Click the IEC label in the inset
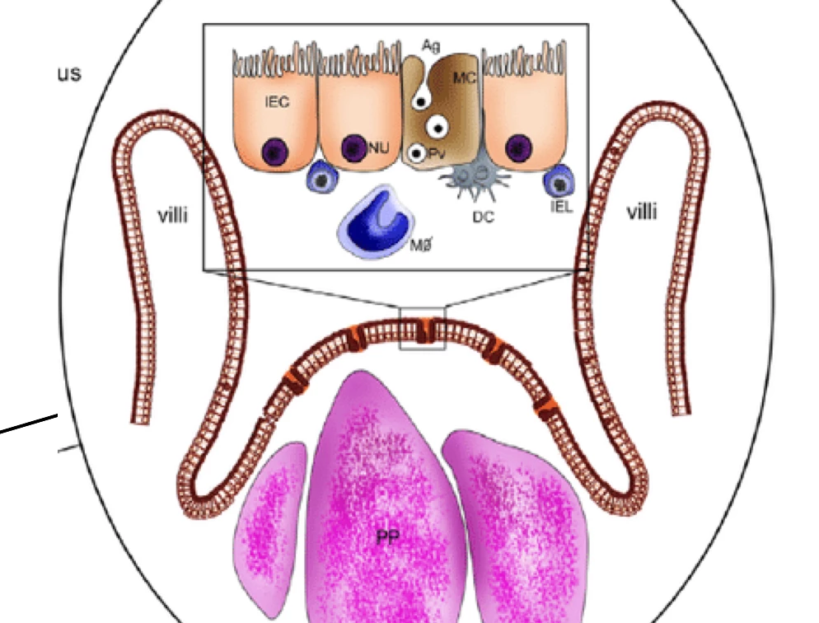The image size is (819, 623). coord(277,102)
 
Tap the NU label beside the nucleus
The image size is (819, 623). coord(380,148)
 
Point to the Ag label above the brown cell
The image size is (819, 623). coord(430,46)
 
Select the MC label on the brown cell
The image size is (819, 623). coord(464,77)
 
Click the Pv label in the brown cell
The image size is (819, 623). coord(437,154)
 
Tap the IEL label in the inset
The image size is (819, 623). coord(561,206)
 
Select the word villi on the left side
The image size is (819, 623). coord(172,216)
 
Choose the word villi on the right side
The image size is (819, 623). coord(642,213)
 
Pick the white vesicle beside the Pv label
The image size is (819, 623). coord(418,154)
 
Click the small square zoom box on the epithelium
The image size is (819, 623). coord(422,328)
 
